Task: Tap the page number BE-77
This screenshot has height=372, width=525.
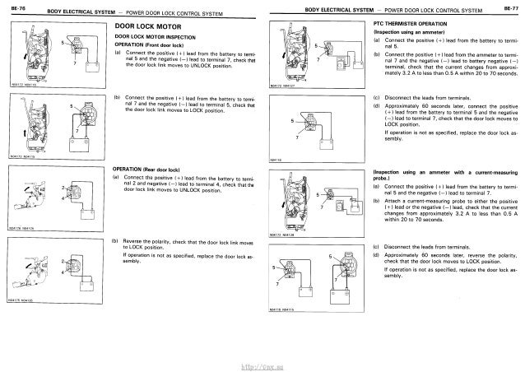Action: tap(511, 8)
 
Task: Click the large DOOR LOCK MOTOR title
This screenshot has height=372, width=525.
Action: tap(146, 26)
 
